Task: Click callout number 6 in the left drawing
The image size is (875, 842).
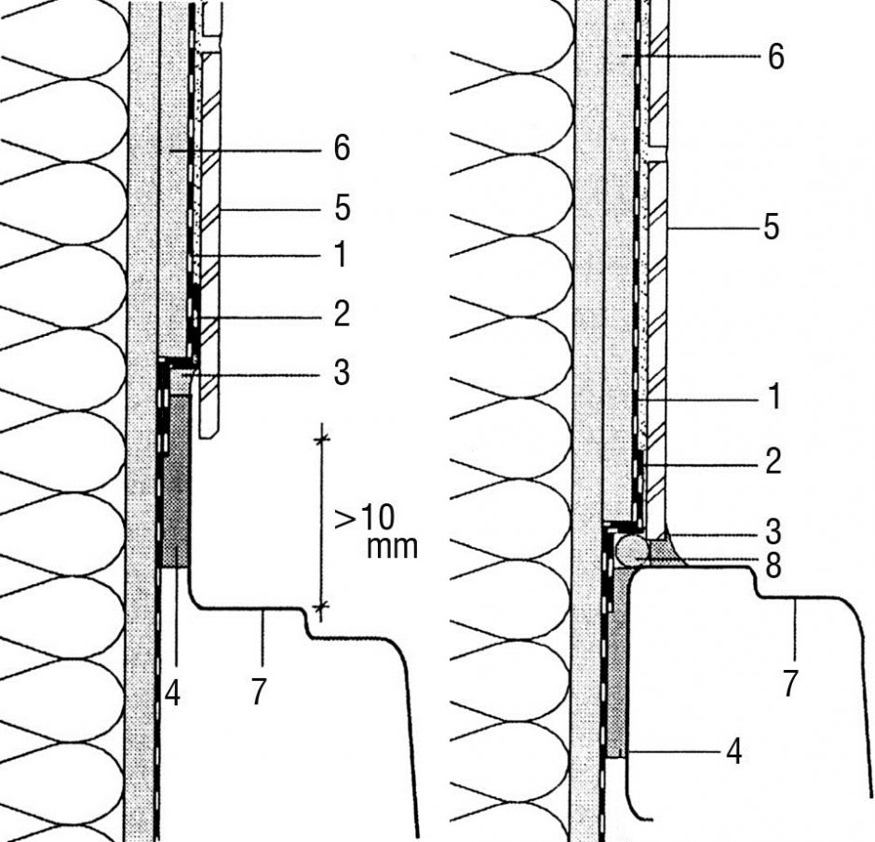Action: (342, 148)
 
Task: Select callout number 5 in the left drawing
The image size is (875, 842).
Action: (342, 208)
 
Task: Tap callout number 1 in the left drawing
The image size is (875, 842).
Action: (341, 254)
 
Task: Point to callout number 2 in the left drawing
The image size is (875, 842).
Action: (342, 314)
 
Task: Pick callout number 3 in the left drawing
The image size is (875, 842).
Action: (342, 372)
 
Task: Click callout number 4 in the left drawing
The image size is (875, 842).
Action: (172, 694)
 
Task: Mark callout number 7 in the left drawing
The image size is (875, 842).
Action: (258, 692)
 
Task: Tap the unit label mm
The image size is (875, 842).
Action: (392, 548)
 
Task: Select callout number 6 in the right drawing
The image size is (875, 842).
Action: (775, 57)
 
